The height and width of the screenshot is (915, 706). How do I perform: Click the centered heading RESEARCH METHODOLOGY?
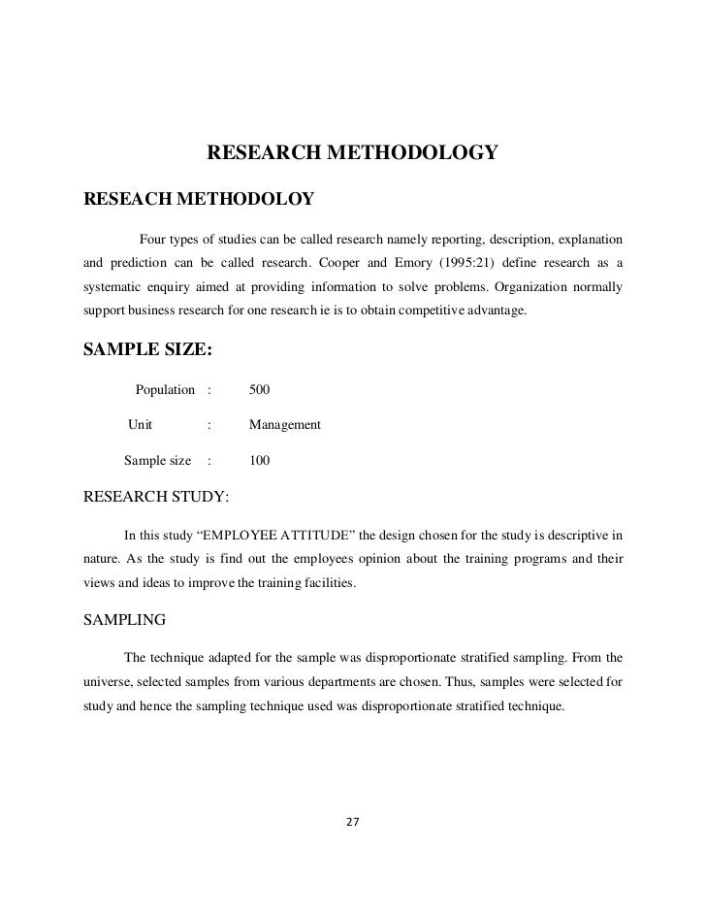[x=352, y=153]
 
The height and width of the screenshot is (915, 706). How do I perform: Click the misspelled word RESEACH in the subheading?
[x=127, y=200]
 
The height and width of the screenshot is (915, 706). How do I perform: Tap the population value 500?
[x=259, y=390]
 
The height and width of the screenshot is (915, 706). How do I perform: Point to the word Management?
[x=285, y=425]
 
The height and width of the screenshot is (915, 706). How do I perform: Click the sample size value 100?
[x=259, y=461]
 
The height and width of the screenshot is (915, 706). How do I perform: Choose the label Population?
[x=165, y=390]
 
